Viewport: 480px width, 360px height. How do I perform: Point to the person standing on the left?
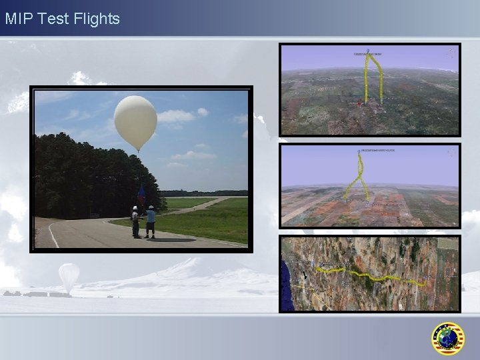coord(135,222)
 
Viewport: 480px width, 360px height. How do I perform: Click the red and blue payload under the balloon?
coord(141,195)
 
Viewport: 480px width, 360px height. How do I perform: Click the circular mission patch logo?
coord(447,339)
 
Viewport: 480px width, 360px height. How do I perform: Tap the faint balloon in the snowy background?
coord(69,276)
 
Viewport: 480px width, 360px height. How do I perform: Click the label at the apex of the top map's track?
coord(368,53)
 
